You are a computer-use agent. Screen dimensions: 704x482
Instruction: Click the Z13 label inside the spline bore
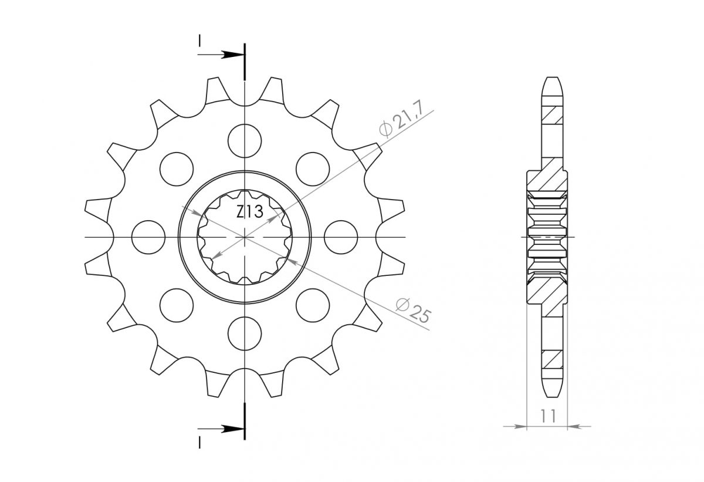[x=249, y=211]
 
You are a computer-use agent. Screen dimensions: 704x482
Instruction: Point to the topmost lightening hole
[x=245, y=140]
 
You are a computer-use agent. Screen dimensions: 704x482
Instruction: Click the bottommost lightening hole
[x=245, y=333]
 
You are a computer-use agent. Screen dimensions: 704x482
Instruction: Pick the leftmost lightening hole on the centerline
[x=148, y=237]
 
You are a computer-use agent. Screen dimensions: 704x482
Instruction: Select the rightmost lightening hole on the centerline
[x=341, y=237]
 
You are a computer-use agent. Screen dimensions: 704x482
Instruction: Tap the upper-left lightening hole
[x=177, y=169]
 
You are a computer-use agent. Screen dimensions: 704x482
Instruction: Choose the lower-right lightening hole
[x=313, y=305]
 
